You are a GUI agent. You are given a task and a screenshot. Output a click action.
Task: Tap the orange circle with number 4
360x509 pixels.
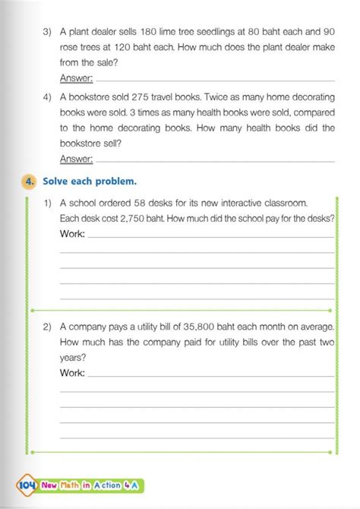(x=29, y=182)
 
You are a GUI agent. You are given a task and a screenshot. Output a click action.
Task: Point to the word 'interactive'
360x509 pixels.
(x=256, y=204)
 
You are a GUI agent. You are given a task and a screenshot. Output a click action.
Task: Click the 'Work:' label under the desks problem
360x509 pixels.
(x=72, y=234)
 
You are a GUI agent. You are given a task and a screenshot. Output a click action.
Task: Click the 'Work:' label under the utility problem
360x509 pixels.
(x=72, y=373)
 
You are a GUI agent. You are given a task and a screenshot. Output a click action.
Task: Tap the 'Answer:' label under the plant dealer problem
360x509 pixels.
(x=76, y=79)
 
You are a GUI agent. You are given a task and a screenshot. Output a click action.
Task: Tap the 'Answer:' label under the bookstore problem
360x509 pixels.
(x=76, y=158)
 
